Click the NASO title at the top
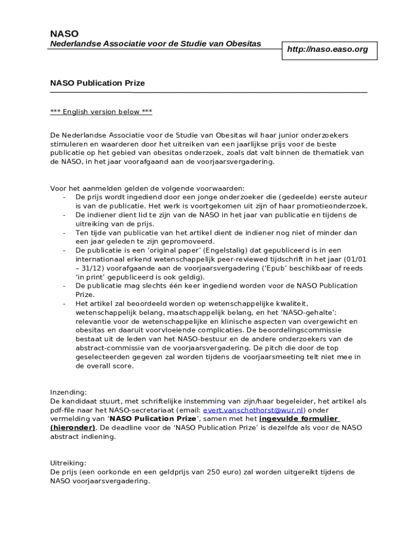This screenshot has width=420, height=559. (x=64, y=34)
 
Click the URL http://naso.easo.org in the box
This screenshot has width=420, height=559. (x=327, y=49)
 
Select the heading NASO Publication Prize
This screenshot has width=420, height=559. (x=97, y=83)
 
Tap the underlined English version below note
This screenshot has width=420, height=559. (x=101, y=112)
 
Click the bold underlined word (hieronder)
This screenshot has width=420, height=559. (x=73, y=427)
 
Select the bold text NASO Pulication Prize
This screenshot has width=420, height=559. (x=153, y=419)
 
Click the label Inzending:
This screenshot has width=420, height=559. (x=68, y=392)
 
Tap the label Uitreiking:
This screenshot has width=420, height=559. (x=68, y=463)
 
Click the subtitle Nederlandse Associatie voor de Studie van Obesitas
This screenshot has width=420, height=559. (x=155, y=44)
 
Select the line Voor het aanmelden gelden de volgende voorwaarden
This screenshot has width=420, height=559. (x=147, y=188)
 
